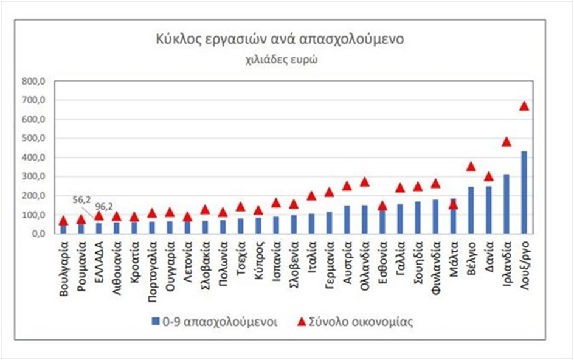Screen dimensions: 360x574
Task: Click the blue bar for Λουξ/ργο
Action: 524,192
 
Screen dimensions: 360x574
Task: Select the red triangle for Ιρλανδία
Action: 506,142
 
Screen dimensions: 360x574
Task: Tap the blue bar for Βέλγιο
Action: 471,210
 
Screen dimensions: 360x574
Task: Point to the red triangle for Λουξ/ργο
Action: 524,106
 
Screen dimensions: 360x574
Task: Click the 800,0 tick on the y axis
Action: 43,81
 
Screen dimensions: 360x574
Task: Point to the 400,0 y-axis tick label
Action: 43,157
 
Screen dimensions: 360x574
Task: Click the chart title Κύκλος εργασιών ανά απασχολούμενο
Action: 278,40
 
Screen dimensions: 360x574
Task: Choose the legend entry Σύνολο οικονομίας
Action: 352,322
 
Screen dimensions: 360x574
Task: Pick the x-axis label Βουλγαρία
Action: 64,268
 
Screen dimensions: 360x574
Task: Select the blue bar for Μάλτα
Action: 453,216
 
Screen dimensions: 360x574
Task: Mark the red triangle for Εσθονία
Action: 382,206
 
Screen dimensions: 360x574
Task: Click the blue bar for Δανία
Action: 488,209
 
